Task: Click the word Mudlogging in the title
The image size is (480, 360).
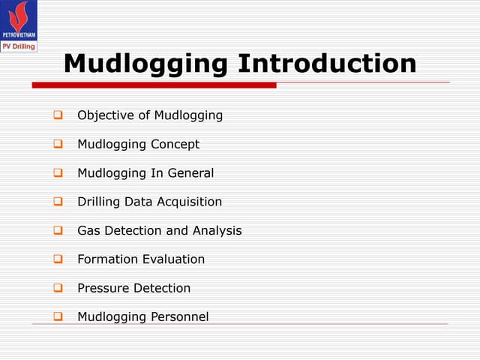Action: coord(146,63)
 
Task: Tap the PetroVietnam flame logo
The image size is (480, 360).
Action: coord(18,18)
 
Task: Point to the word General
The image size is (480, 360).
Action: coord(190,173)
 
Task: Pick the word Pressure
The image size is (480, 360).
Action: coord(103,288)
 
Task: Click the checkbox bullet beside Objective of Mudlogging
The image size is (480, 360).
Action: coord(57,115)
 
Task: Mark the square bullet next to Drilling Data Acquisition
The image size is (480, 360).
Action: coord(57,202)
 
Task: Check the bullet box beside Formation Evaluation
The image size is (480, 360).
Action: coord(57,259)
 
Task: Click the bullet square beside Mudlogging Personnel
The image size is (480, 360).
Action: coord(57,316)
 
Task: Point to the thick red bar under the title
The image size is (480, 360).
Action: coord(154,85)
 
